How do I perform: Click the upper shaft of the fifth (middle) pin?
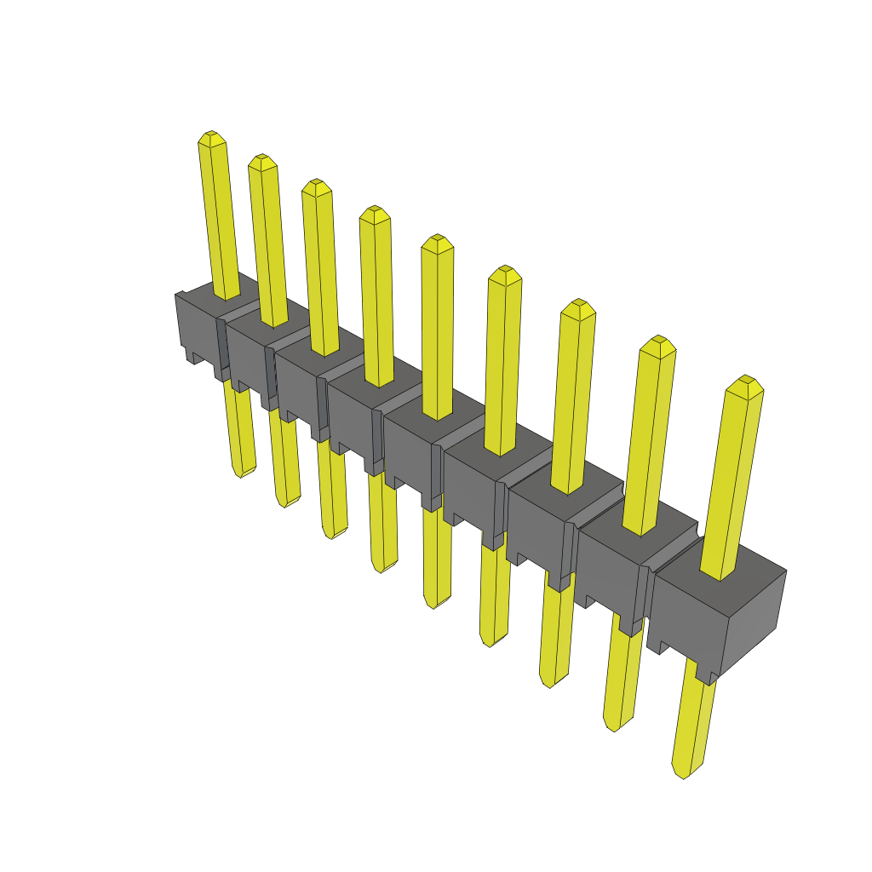pos(438,332)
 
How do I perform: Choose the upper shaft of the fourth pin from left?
pos(376,298)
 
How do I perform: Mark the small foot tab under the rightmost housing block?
pos(706,676)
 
